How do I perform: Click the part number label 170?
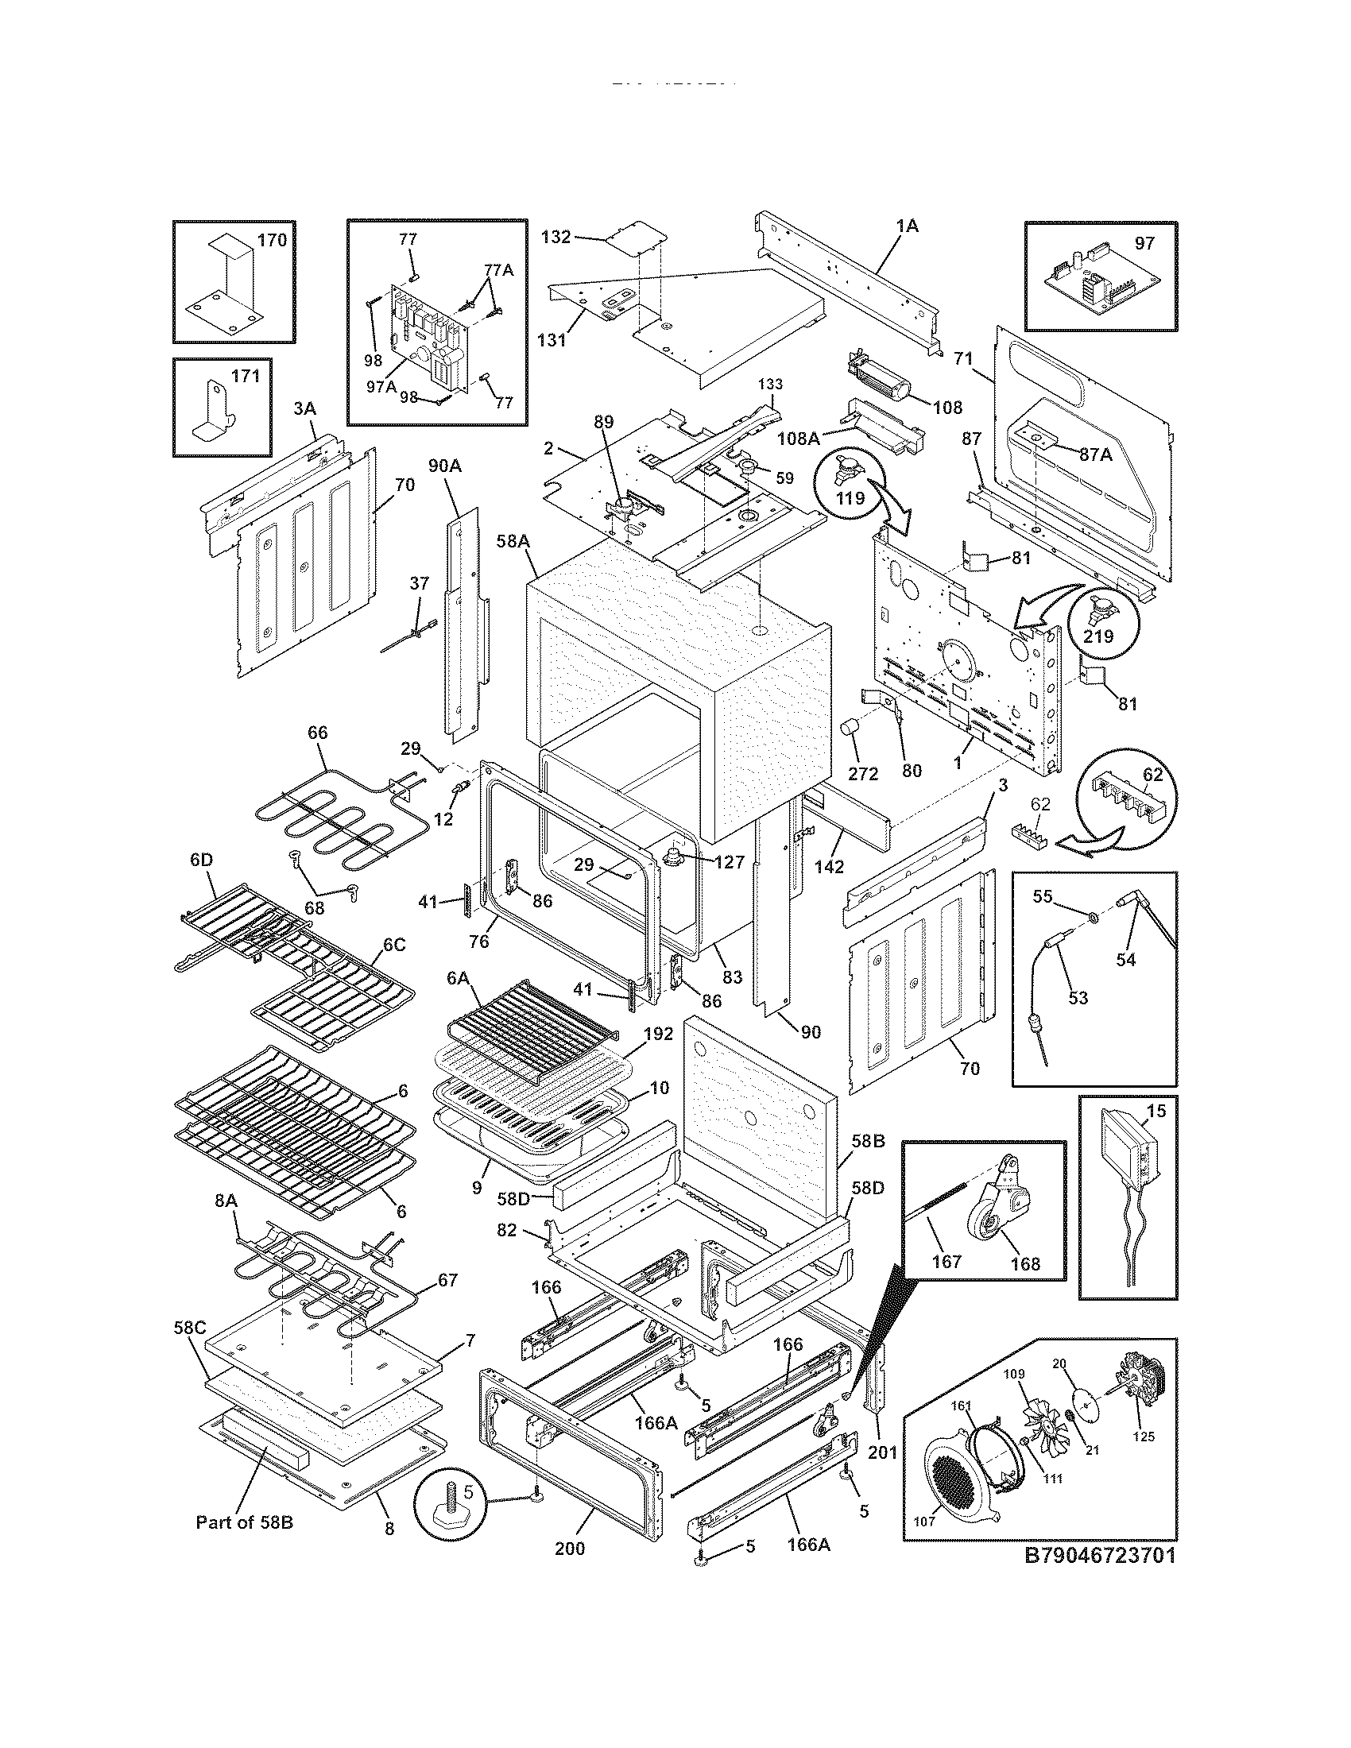(272, 240)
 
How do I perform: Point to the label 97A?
(381, 386)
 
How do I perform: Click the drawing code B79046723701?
(1100, 1578)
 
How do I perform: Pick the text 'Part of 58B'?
(244, 1522)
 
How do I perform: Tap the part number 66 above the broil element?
(318, 733)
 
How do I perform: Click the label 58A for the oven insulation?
(513, 542)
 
